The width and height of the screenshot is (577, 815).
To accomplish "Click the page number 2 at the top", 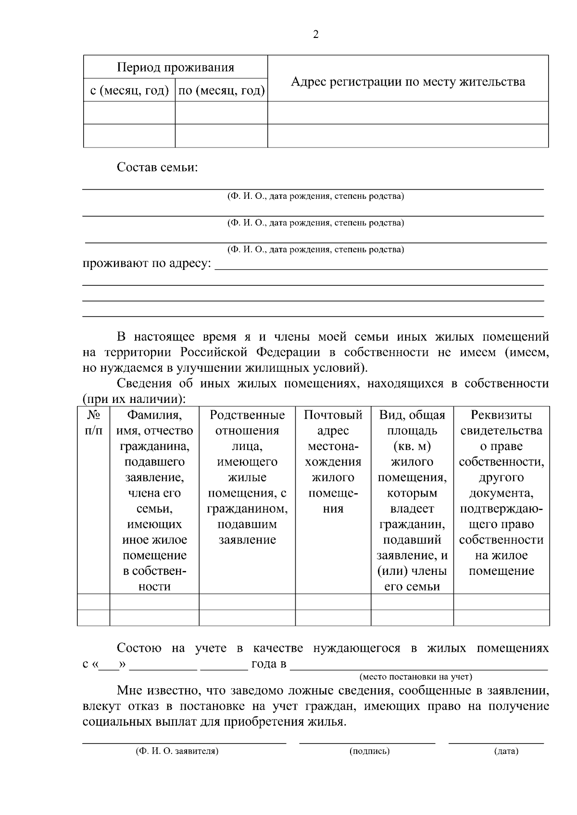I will click(x=315, y=35).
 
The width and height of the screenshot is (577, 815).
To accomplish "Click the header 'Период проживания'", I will click(x=176, y=67).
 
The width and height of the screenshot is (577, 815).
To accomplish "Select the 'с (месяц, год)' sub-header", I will click(x=129, y=90).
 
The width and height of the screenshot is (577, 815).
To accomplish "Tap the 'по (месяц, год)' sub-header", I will click(x=221, y=90).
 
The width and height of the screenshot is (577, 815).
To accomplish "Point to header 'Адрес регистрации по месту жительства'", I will click(x=408, y=82).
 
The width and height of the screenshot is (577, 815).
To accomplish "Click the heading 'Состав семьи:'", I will click(x=157, y=168).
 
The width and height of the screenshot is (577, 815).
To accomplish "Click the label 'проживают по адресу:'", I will click(x=147, y=264).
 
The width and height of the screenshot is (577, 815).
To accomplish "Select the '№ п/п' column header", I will click(x=93, y=423).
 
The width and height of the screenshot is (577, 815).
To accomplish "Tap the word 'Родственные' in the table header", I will click(x=247, y=415).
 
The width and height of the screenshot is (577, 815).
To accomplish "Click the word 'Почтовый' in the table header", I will click(x=333, y=415).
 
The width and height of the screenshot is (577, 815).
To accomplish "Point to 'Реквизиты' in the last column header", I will click(x=501, y=415).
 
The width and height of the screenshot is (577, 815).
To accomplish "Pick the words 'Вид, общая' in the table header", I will click(x=412, y=415).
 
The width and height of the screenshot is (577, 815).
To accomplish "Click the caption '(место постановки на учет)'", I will click(x=416, y=677).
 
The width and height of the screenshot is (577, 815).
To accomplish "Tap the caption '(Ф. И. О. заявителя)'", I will click(x=177, y=751).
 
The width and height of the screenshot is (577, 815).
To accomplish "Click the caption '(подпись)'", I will click(x=369, y=751).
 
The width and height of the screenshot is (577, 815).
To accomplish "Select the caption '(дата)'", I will click(x=506, y=751).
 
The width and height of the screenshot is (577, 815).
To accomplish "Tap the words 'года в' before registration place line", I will click(x=269, y=664).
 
